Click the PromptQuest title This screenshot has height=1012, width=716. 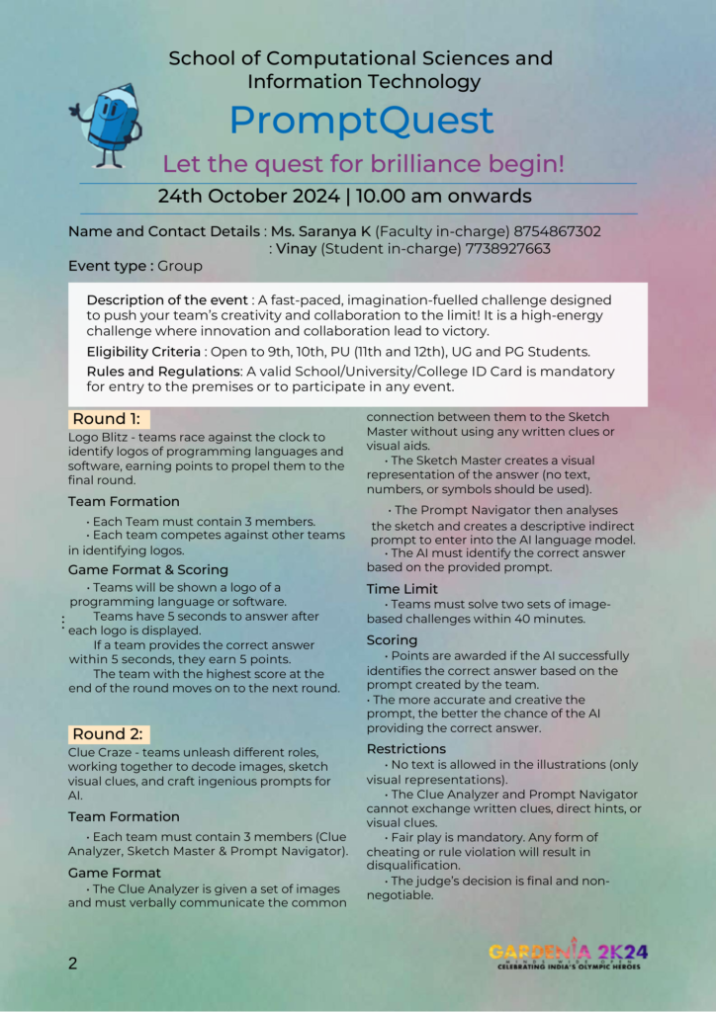[361, 121]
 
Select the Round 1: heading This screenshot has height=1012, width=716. [106, 419]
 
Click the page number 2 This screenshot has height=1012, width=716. [73, 964]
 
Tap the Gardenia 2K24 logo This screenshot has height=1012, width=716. [569, 954]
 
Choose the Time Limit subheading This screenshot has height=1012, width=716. [397, 589]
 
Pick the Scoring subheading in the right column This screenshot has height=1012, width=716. [392, 640]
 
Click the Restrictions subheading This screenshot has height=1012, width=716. [406, 749]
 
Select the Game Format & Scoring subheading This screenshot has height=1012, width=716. [148, 570]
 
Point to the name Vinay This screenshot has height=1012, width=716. [296, 249]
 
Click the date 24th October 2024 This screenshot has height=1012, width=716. [248, 196]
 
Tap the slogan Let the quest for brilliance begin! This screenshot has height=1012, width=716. [364, 164]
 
